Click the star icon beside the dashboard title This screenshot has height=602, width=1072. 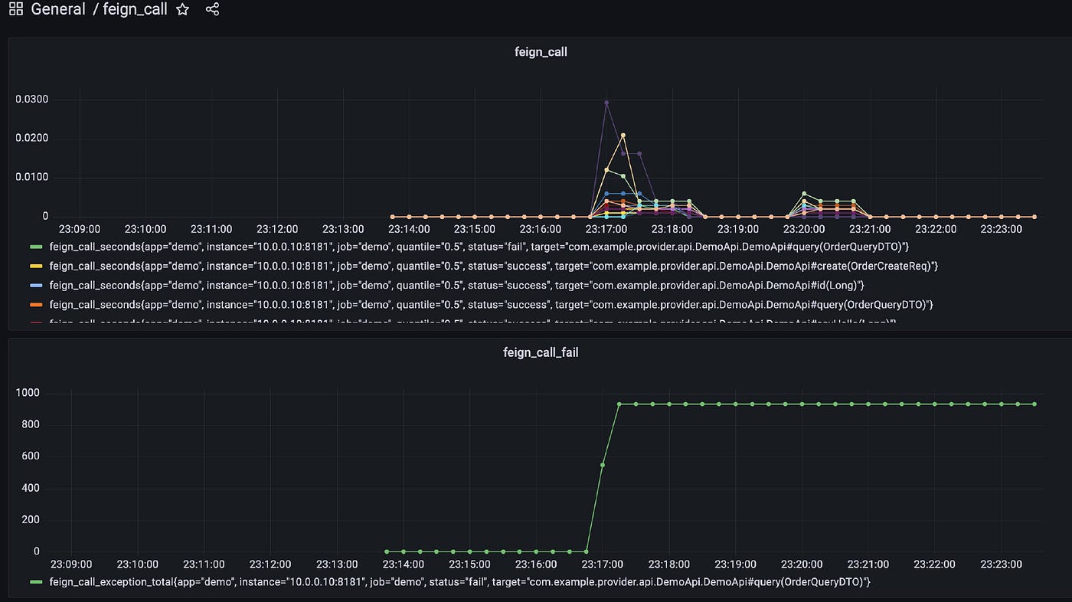coord(182,10)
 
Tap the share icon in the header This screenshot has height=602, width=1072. coord(212,10)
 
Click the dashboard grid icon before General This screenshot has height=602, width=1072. coord(15,10)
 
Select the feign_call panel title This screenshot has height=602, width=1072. coord(541,52)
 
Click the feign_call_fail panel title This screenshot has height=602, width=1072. coord(541,352)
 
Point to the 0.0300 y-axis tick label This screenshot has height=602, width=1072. coord(31,100)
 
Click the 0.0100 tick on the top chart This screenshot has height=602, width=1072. coord(31,178)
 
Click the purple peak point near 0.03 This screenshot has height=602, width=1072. coord(606,103)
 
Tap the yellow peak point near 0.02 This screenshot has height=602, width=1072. coord(623,136)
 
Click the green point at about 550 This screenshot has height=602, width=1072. coord(603,465)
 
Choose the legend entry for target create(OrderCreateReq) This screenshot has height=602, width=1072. coord(493,266)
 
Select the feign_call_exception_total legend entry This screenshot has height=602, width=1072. coord(459,582)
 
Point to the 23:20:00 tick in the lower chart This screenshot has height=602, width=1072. coord(802,564)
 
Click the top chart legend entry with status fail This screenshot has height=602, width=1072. coord(479,247)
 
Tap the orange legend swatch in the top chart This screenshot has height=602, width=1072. coord(35,305)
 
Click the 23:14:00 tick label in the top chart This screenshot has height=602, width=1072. coord(410,229)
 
